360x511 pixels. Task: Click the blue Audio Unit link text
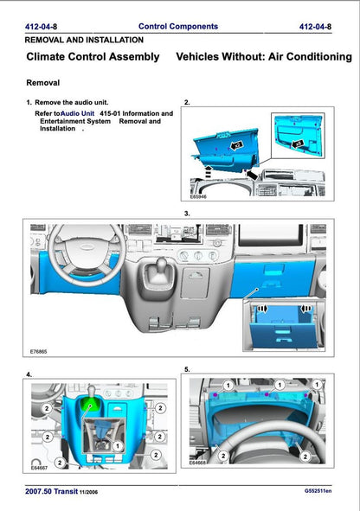point(78,113)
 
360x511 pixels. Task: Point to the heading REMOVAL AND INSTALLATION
point(84,40)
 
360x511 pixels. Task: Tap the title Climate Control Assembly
point(93,57)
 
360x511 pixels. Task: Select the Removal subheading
point(44,84)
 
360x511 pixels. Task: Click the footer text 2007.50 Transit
point(56,490)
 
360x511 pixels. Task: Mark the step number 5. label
point(188,369)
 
